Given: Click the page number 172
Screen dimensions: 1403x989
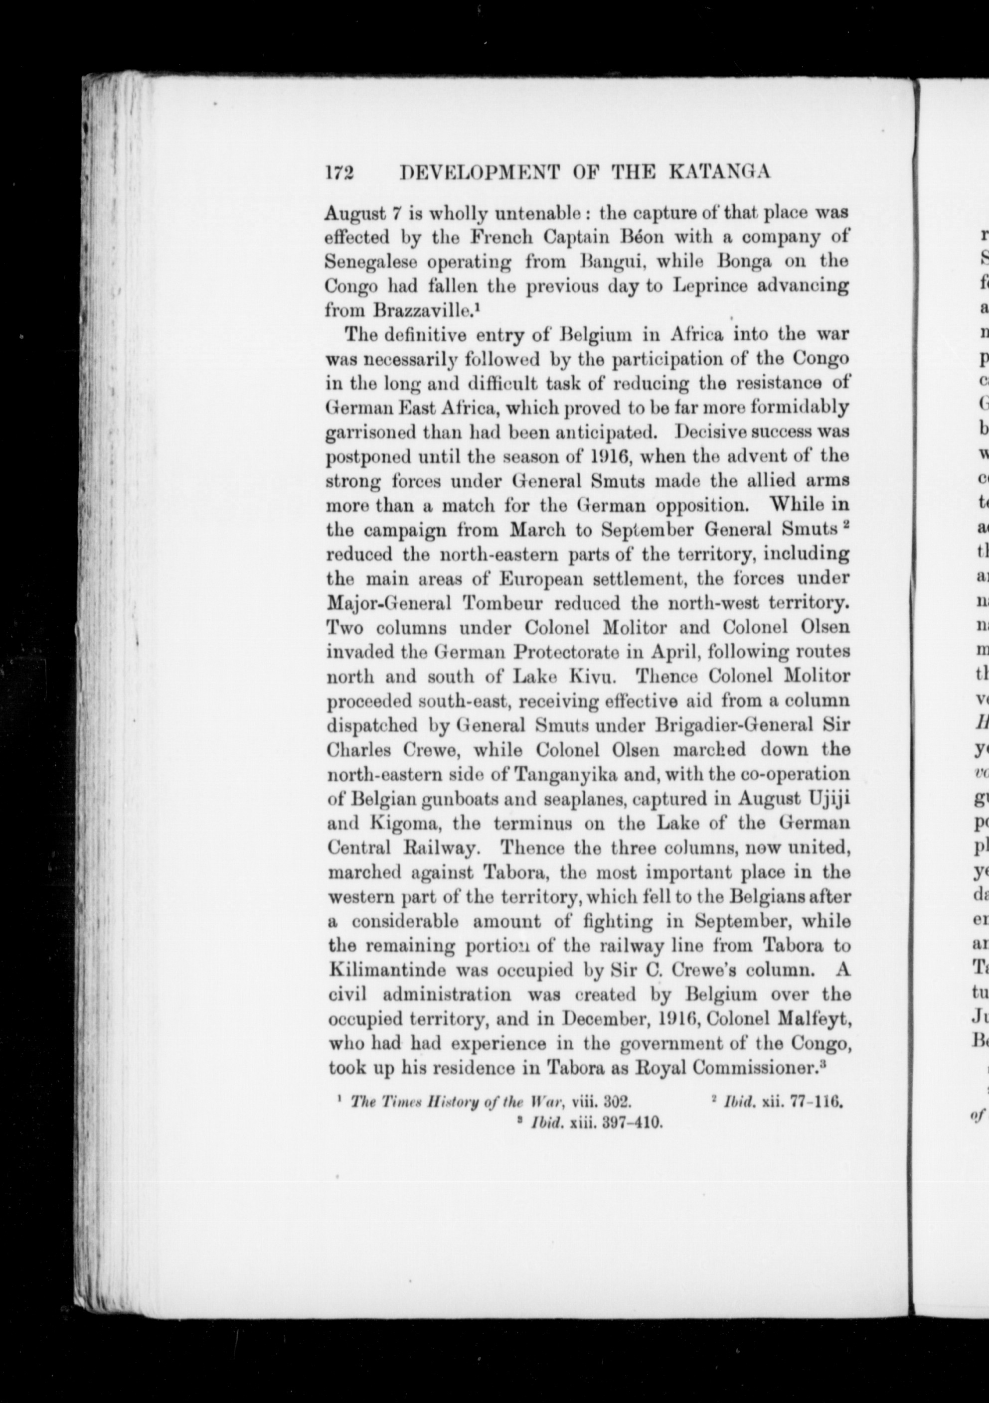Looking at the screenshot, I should (340, 173).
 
